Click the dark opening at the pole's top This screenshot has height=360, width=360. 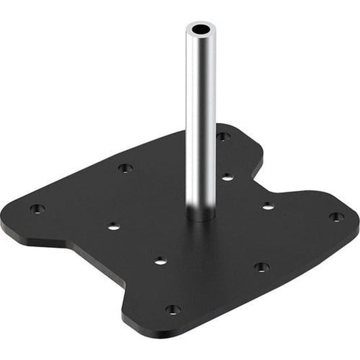point(201,30)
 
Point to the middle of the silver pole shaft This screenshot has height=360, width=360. point(201,122)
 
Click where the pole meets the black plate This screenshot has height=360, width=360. point(201,217)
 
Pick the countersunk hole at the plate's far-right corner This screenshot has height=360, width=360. point(336,217)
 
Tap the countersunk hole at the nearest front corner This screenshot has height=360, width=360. point(173,309)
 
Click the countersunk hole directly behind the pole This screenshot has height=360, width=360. point(223,136)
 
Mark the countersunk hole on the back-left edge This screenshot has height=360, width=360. point(124,168)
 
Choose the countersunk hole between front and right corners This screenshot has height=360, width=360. point(261,267)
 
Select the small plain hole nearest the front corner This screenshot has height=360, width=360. point(159,259)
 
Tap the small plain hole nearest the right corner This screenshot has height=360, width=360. point(268,205)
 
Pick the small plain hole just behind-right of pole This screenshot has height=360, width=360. point(228,177)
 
